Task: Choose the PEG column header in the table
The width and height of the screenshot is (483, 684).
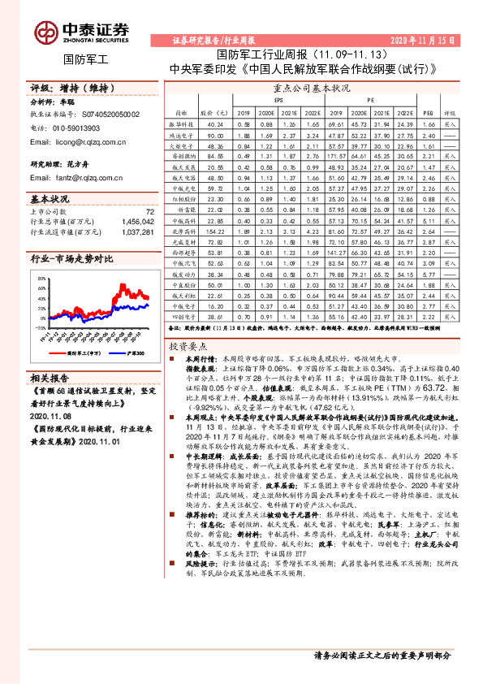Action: tap(429, 114)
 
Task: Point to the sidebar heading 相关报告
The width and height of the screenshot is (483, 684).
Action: tap(50, 400)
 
